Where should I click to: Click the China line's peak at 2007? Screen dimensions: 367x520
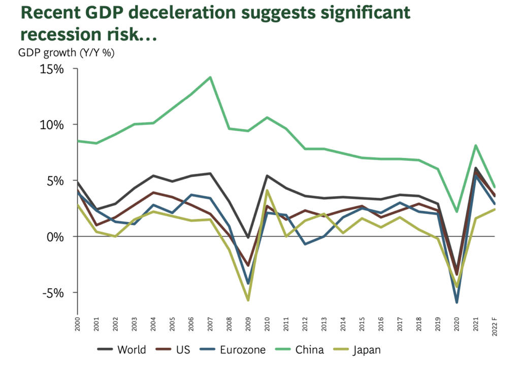210,77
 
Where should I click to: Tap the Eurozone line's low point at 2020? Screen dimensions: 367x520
457,302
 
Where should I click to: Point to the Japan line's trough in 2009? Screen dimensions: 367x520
248,300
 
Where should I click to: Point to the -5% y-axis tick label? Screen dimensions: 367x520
52,293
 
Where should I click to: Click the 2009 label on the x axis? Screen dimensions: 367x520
248,325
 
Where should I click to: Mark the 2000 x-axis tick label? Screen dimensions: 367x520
78,325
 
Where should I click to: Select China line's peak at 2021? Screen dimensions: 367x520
475,145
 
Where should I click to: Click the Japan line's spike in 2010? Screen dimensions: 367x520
268,190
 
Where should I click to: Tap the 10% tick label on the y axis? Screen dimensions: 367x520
51,125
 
